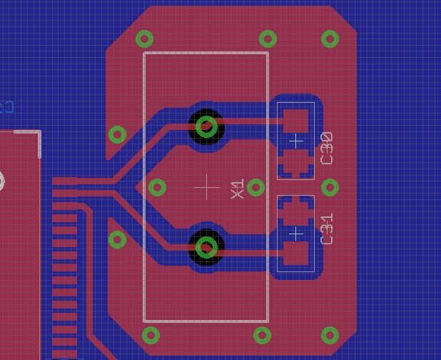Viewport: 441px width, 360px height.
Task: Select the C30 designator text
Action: tap(328, 148)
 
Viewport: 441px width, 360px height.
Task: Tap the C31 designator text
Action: tap(328, 229)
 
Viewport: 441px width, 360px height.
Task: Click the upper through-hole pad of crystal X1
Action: tap(206, 126)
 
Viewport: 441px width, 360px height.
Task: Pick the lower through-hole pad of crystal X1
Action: tap(206, 247)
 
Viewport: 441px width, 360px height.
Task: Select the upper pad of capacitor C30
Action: tap(295, 120)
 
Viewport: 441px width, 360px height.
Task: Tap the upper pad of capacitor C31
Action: tap(295, 211)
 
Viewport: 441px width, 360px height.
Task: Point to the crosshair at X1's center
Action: tap(207, 188)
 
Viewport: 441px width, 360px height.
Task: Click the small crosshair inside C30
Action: tap(295, 141)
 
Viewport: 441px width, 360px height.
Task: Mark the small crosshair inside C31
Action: tap(295, 233)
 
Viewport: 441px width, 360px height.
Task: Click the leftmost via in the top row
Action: tap(145, 39)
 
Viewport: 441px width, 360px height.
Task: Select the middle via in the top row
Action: tap(268, 39)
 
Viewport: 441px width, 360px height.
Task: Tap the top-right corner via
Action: tap(330, 39)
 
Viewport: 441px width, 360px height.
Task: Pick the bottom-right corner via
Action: tap(330, 334)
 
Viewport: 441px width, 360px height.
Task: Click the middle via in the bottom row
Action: tap(262, 334)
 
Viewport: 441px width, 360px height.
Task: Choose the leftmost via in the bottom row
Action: tap(151, 334)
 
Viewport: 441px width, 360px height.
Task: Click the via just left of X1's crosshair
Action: tap(158, 187)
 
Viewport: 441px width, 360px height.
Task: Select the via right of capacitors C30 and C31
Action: tap(330, 187)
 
